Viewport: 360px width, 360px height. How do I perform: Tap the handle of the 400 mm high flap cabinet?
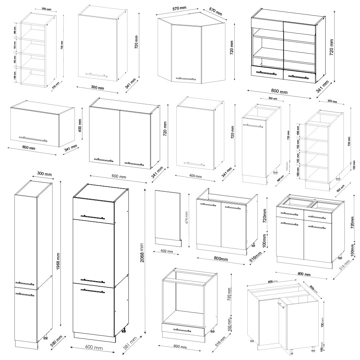[x=33, y=139]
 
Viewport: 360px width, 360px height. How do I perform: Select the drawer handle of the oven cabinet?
[x=183, y=329]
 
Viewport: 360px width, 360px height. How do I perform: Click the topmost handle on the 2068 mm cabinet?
[x=93, y=217]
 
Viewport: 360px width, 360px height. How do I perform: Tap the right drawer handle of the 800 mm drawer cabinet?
[x=317, y=217]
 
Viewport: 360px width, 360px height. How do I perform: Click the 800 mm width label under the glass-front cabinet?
[x=280, y=92]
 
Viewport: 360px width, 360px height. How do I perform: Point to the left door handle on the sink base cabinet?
[x=208, y=205]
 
